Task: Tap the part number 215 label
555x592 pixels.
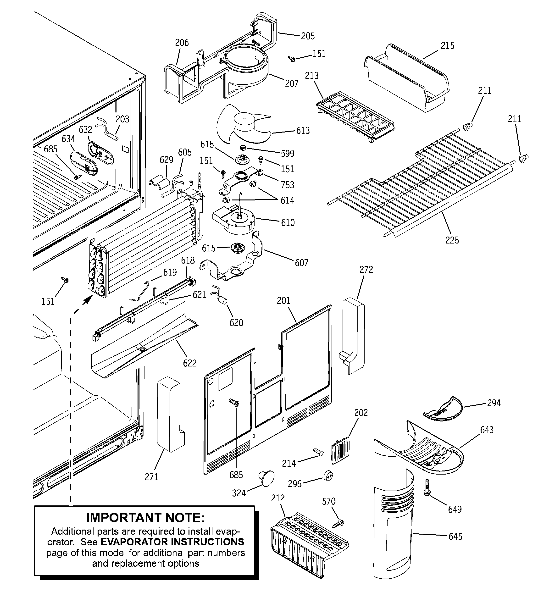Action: (x=447, y=45)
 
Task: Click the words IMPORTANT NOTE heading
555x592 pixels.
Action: (x=145, y=518)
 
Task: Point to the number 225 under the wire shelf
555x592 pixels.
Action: (x=452, y=240)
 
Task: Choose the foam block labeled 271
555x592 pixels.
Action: (x=168, y=414)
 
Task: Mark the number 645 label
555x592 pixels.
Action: (x=455, y=537)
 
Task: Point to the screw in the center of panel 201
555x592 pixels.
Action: (x=234, y=402)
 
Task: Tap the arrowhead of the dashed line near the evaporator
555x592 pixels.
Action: (x=87, y=300)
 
